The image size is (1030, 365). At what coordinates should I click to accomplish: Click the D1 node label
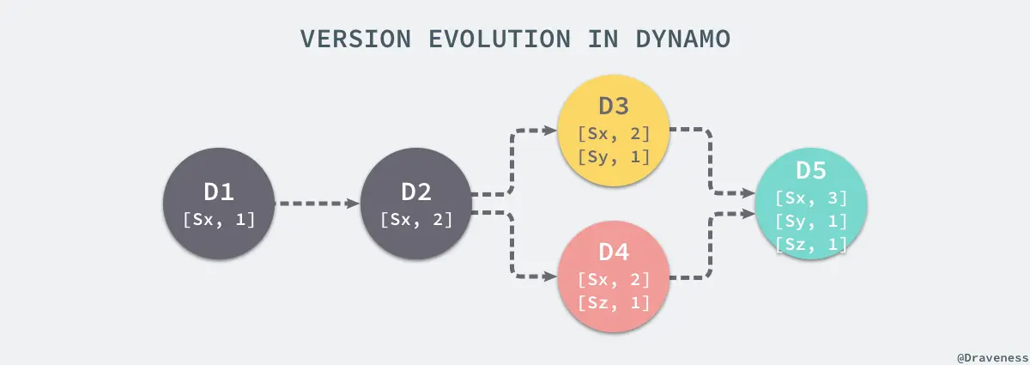[218, 192]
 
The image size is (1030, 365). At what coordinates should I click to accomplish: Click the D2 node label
[416, 192]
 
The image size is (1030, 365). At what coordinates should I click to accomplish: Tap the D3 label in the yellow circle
[614, 106]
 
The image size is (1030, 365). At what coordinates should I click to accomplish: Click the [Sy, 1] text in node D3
[614, 156]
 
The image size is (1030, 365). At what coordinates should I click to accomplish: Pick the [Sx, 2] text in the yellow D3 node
[614, 133]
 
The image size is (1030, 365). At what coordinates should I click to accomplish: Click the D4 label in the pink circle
[614, 252]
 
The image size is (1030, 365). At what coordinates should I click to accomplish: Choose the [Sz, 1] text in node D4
[614, 302]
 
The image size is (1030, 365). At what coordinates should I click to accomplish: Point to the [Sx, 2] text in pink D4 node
[614, 279]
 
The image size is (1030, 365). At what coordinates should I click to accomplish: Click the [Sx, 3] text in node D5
[811, 198]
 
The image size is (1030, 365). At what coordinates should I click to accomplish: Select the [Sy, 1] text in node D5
[811, 221]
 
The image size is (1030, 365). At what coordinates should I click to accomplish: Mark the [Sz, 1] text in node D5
[811, 244]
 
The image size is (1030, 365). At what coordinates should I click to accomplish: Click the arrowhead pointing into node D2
[352, 204]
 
